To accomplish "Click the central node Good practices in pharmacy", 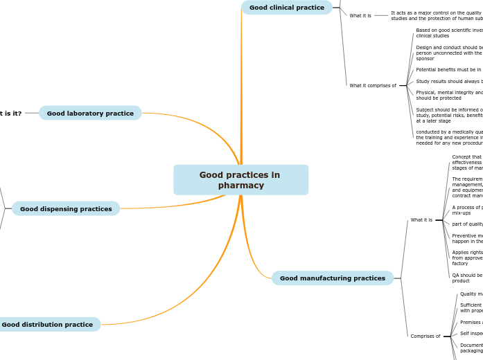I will tap(240, 180).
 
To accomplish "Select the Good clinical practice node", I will tap(286, 8).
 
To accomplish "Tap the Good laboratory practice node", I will tap(90, 113).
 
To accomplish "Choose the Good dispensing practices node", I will tap(66, 208).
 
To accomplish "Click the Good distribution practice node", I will tap(47, 324).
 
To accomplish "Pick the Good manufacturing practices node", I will tap(332, 278).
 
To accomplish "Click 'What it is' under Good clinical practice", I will tap(360, 15).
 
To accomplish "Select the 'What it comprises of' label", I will tap(373, 86).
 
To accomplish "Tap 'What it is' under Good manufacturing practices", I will tap(421, 220).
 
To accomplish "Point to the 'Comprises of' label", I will tap(425, 336).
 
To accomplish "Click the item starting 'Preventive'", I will tap(467, 238).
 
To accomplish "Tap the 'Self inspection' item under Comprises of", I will tap(471, 334).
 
